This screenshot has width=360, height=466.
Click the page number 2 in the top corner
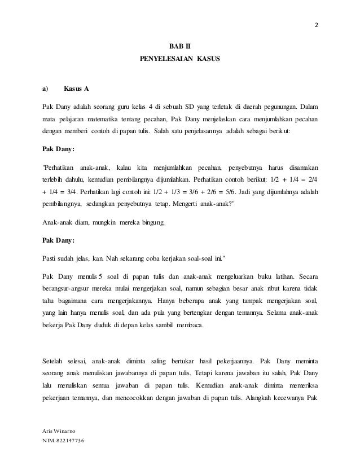316,25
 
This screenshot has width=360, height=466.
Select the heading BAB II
179,47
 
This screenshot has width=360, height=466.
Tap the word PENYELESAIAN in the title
167,59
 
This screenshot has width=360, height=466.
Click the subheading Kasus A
76,89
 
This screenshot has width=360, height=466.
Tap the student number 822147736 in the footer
64,441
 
